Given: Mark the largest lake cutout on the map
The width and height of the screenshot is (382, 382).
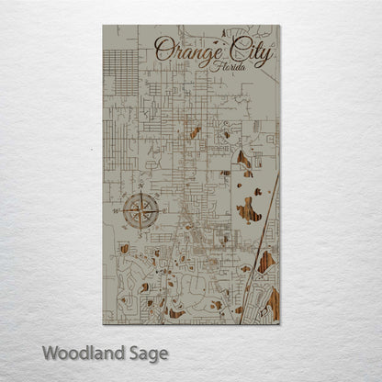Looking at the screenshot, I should pos(249,210).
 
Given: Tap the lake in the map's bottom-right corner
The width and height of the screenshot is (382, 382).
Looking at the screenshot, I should pos(273,300).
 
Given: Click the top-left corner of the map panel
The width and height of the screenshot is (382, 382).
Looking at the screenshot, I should pos(103,25).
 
